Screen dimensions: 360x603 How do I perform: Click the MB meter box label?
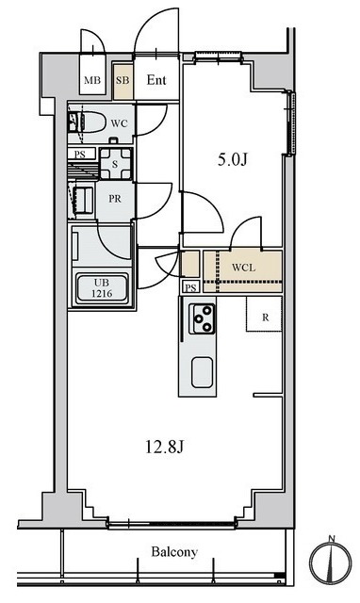coord(92,80)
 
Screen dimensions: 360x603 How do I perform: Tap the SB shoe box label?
coord(123,80)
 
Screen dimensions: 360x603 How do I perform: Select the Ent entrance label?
coord(156,80)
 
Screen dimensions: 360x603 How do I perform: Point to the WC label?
coord(119,123)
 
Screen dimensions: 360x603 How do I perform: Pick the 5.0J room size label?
coord(233,159)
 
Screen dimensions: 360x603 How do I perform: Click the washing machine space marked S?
coord(115,164)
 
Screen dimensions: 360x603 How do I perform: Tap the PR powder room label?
coord(115,199)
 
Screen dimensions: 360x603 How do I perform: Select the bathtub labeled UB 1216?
coord(103,288)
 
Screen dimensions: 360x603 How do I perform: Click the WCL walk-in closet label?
coord(243,268)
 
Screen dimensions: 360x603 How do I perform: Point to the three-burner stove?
coord(202,318)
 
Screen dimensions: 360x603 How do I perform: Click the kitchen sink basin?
coord(202,372)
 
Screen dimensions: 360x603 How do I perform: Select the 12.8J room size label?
coord(164,447)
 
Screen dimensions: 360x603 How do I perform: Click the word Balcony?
coord(174,552)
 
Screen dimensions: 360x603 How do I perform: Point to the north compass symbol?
coord(331,559)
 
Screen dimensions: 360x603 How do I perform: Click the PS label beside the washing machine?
coord(80,155)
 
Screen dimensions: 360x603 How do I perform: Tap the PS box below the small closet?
coord(191,287)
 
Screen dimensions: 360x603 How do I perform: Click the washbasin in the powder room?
coord(83,200)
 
